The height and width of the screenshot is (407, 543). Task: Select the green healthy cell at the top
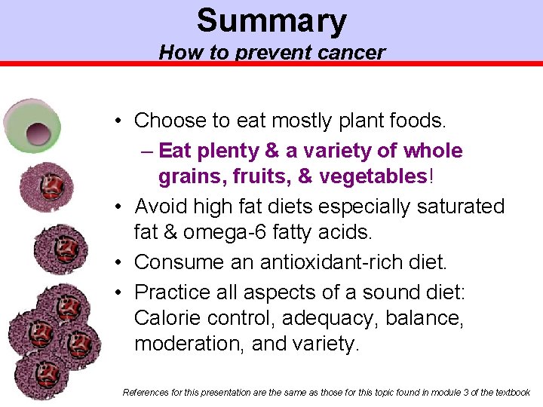tap(32, 124)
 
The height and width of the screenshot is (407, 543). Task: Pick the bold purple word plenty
tap(225, 151)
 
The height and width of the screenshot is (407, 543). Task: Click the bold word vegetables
tap(373, 176)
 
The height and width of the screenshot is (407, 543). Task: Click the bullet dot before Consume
tap(120, 262)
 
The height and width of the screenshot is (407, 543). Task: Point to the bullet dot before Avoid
tap(120, 207)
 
